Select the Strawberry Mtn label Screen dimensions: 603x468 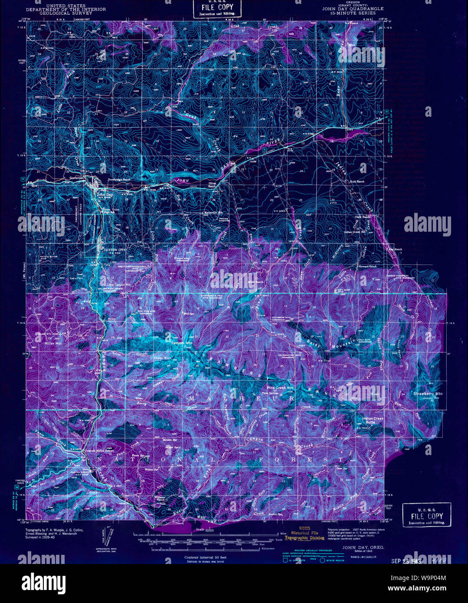point(427,394)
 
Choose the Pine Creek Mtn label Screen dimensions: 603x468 point(280,388)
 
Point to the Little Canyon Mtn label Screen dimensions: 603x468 point(116,285)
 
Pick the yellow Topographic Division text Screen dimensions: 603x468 point(304,538)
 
